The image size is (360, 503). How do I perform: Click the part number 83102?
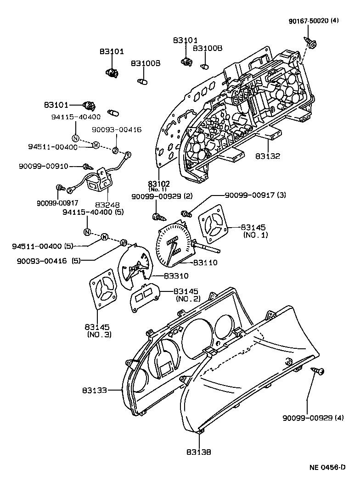(x=159, y=184)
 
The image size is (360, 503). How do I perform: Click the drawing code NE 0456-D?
(x=327, y=468)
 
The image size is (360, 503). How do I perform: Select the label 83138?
(x=199, y=452)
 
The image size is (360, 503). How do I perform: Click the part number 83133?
(x=95, y=391)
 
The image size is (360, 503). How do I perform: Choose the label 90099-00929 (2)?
(x=155, y=196)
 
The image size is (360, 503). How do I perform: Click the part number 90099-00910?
(x=44, y=166)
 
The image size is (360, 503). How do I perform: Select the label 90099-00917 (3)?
(x=255, y=195)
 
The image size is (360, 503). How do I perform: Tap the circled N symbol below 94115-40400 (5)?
(x=87, y=231)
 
